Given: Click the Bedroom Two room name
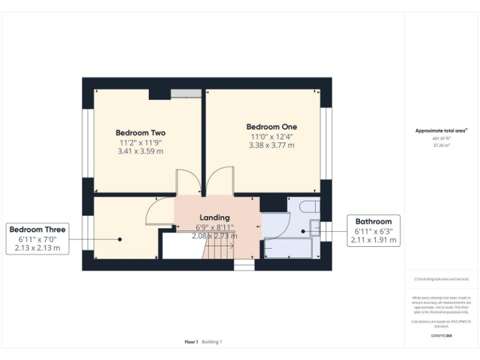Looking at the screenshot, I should pyautogui.click(x=140, y=132).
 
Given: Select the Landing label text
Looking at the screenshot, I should pyautogui.click(x=214, y=217).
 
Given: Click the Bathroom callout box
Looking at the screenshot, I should pyautogui.click(x=373, y=230).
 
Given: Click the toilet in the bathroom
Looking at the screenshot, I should pyautogui.click(x=310, y=207).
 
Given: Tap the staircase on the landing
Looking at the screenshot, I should pyautogui.click(x=220, y=250).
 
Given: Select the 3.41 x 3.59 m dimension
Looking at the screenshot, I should pyautogui.click(x=140, y=151).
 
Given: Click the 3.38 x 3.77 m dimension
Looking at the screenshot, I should pyautogui.click(x=271, y=145).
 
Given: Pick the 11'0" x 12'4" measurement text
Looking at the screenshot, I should pyautogui.click(x=271, y=136).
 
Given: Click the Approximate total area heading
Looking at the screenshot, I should pyautogui.click(x=441, y=131).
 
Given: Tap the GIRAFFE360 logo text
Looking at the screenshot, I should pyautogui.click(x=441, y=336).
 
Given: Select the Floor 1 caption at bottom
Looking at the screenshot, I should pyautogui.click(x=191, y=342).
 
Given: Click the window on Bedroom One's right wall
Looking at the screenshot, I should pyautogui.click(x=325, y=142).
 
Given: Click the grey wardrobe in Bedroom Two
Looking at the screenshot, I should pyautogui.click(x=186, y=93).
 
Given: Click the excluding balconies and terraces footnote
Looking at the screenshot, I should pyautogui.click(x=441, y=279).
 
